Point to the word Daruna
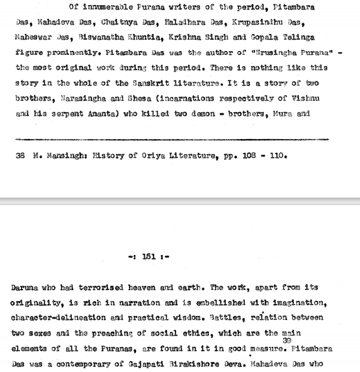pos(25,287)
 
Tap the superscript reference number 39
pos(287,341)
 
